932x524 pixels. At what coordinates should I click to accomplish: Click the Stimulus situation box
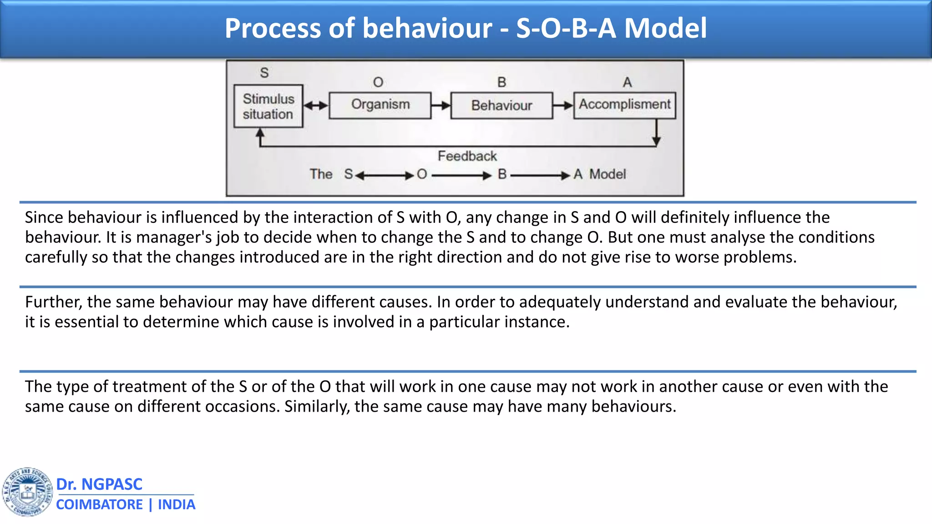coord(268,106)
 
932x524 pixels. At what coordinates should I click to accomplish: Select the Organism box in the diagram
coord(380,105)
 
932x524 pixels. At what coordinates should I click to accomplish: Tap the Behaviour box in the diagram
coord(501,106)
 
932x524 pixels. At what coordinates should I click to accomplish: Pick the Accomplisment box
coord(624,105)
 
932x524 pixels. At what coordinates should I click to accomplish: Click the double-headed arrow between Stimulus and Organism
coord(316,106)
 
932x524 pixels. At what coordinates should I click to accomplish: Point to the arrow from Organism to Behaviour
coord(441,106)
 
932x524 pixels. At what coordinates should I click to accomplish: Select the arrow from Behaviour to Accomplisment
coord(563,106)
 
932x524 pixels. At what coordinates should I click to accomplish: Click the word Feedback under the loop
coord(467,156)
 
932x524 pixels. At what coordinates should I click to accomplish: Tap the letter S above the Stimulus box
coord(264,73)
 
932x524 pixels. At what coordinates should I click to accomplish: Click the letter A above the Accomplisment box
coord(627,82)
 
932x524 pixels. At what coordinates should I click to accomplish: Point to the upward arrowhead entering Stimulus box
coord(260,133)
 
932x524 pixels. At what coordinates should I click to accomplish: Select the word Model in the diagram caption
coord(608,174)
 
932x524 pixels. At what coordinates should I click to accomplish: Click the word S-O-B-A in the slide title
coord(566,28)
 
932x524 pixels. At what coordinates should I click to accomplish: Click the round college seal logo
coord(27,492)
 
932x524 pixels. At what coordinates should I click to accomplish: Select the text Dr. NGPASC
coord(99,484)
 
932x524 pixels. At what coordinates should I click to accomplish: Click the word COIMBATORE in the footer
coord(99,504)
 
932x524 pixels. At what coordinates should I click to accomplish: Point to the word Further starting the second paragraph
coord(53,302)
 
